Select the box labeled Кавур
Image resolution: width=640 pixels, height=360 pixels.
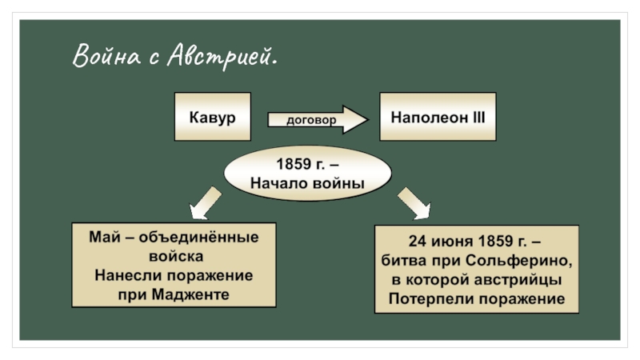212,117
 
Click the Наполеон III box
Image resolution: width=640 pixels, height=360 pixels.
438,117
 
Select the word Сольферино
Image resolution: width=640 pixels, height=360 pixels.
524,261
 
